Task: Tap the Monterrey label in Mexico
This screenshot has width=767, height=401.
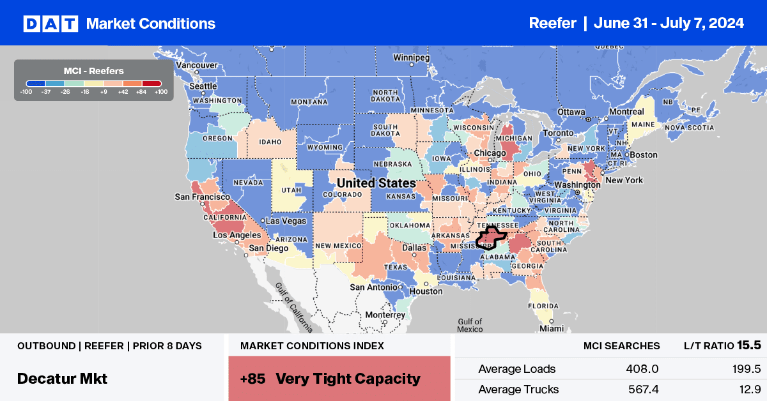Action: (385, 315)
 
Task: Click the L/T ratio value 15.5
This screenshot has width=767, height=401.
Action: (748, 345)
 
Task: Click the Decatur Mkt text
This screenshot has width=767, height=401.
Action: (62, 378)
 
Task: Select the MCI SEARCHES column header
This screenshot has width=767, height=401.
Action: (621, 346)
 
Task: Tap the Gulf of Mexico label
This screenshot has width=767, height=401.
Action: (470, 325)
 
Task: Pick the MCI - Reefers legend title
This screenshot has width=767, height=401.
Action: (93, 71)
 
